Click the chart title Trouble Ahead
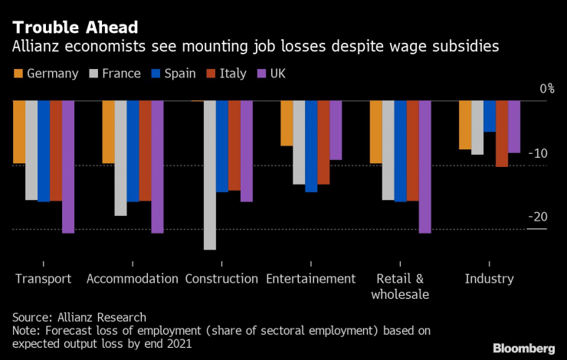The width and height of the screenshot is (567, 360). pos(75,28)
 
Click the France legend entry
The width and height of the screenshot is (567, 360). pos(115,74)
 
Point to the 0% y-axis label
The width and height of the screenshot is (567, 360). pos(546,89)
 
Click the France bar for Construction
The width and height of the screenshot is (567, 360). pos(210,175)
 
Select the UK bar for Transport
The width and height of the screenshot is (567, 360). pos(68,166)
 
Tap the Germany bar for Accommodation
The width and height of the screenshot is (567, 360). pos(108,132)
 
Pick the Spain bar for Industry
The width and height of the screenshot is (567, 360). pos(490,116)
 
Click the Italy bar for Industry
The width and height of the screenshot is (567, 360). pos(502,133)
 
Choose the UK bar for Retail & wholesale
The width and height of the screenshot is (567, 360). pos(425,166)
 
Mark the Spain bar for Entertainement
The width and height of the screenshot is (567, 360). pos(311,146)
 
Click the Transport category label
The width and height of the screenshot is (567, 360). pos(43,279)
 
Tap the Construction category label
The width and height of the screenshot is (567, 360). pos(221,279)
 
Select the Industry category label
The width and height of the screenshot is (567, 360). pos(490,279)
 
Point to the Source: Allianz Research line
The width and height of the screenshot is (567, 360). pos(79,317)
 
